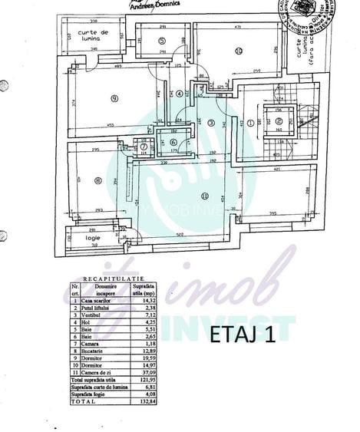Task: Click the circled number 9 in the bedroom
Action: point(113,98)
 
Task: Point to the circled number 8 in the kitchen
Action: point(97,181)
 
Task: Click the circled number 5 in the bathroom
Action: point(161,40)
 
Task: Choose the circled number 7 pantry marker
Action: point(141,144)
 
